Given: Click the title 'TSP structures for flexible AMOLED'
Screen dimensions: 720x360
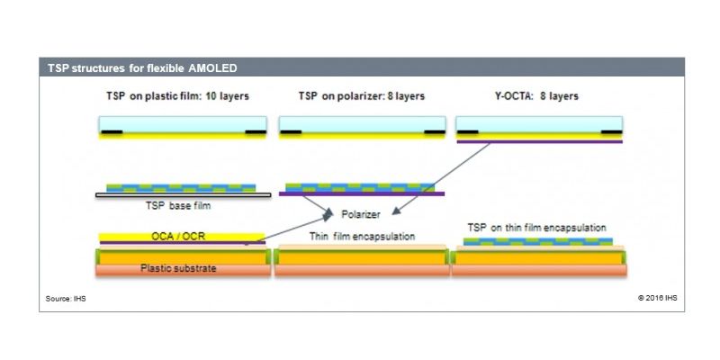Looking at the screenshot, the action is pyautogui.click(x=142, y=68).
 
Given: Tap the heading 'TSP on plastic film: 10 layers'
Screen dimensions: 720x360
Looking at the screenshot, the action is pyautogui.click(x=177, y=96).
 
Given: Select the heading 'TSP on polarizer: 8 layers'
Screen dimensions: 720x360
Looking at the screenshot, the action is pyautogui.click(x=362, y=96).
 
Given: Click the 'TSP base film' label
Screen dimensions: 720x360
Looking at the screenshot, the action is pyautogui.click(x=178, y=205).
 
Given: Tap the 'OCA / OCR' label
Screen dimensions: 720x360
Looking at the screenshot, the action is pyautogui.click(x=178, y=237).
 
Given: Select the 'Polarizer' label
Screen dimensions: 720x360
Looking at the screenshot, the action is pyautogui.click(x=361, y=214).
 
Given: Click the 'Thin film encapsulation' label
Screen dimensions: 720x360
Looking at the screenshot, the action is pyautogui.click(x=362, y=237).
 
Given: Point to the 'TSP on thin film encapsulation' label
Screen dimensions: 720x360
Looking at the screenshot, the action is pyautogui.click(x=536, y=228).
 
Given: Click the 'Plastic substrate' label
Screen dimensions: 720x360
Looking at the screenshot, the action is pyautogui.click(x=178, y=268).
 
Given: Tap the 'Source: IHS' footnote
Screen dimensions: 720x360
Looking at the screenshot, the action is pyautogui.click(x=66, y=299).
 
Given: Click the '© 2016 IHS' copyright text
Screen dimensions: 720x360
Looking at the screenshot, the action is pyautogui.click(x=657, y=298).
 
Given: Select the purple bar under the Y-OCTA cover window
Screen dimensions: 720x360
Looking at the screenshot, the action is pyautogui.click(x=539, y=141).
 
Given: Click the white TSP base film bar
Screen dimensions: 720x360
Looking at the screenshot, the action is pyautogui.click(x=184, y=195).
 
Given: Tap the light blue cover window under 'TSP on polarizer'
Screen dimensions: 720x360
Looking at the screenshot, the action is pyautogui.click(x=363, y=124).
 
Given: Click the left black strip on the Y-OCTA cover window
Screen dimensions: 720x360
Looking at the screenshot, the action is pyautogui.click(x=468, y=132).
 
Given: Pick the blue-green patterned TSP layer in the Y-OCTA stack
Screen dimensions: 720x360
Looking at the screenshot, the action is pyautogui.click(x=537, y=241).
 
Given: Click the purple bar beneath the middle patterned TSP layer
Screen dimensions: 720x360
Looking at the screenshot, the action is pyautogui.click(x=362, y=193).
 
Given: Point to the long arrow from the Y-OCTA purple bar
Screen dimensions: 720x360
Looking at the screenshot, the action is pyautogui.click(x=441, y=178).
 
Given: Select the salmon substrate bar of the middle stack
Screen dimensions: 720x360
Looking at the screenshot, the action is pyautogui.click(x=362, y=271).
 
